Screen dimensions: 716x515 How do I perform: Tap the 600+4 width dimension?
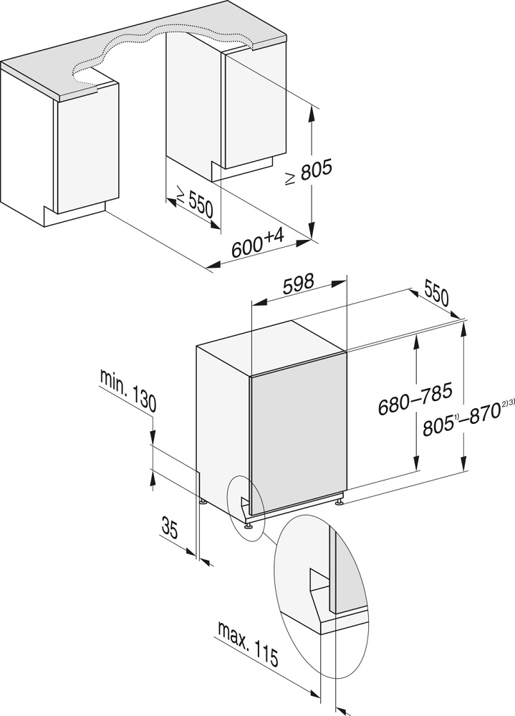[258, 246]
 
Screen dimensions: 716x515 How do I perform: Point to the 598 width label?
[298, 283]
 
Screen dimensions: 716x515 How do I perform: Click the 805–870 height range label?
[461, 426]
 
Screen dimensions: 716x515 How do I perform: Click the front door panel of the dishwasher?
[297, 437]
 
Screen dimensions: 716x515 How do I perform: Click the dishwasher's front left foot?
[249, 526]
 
